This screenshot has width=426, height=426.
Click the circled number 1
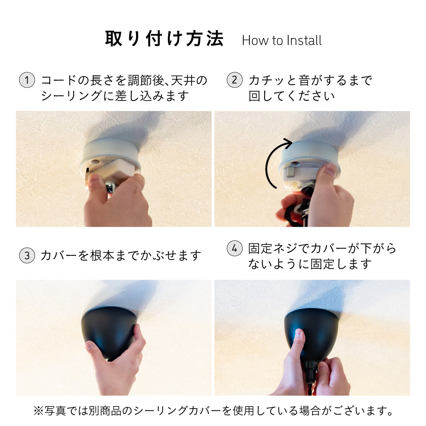(27, 80)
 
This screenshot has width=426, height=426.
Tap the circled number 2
(235, 80)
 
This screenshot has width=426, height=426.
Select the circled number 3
(27, 255)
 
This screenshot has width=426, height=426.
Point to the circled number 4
(235, 248)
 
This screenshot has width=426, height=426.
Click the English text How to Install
(282, 40)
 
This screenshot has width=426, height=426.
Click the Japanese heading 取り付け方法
(164, 38)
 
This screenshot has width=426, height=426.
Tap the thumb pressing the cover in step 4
(299, 340)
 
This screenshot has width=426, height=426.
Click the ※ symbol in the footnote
(38, 411)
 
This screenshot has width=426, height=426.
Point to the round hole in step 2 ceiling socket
(295, 164)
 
